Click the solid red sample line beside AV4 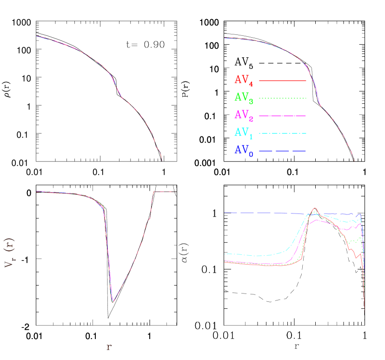(282, 80)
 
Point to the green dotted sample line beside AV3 (282, 98)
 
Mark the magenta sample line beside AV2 (282, 115)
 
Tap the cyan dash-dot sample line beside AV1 (282, 133)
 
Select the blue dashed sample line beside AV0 (282, 151)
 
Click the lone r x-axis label (109, 347)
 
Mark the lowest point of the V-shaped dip (113, 302)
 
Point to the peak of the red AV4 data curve (316, 208)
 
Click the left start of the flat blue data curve (225, 212)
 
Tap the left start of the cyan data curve (225, 254)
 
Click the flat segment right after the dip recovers (163, 191)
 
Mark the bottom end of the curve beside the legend (354, 161)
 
